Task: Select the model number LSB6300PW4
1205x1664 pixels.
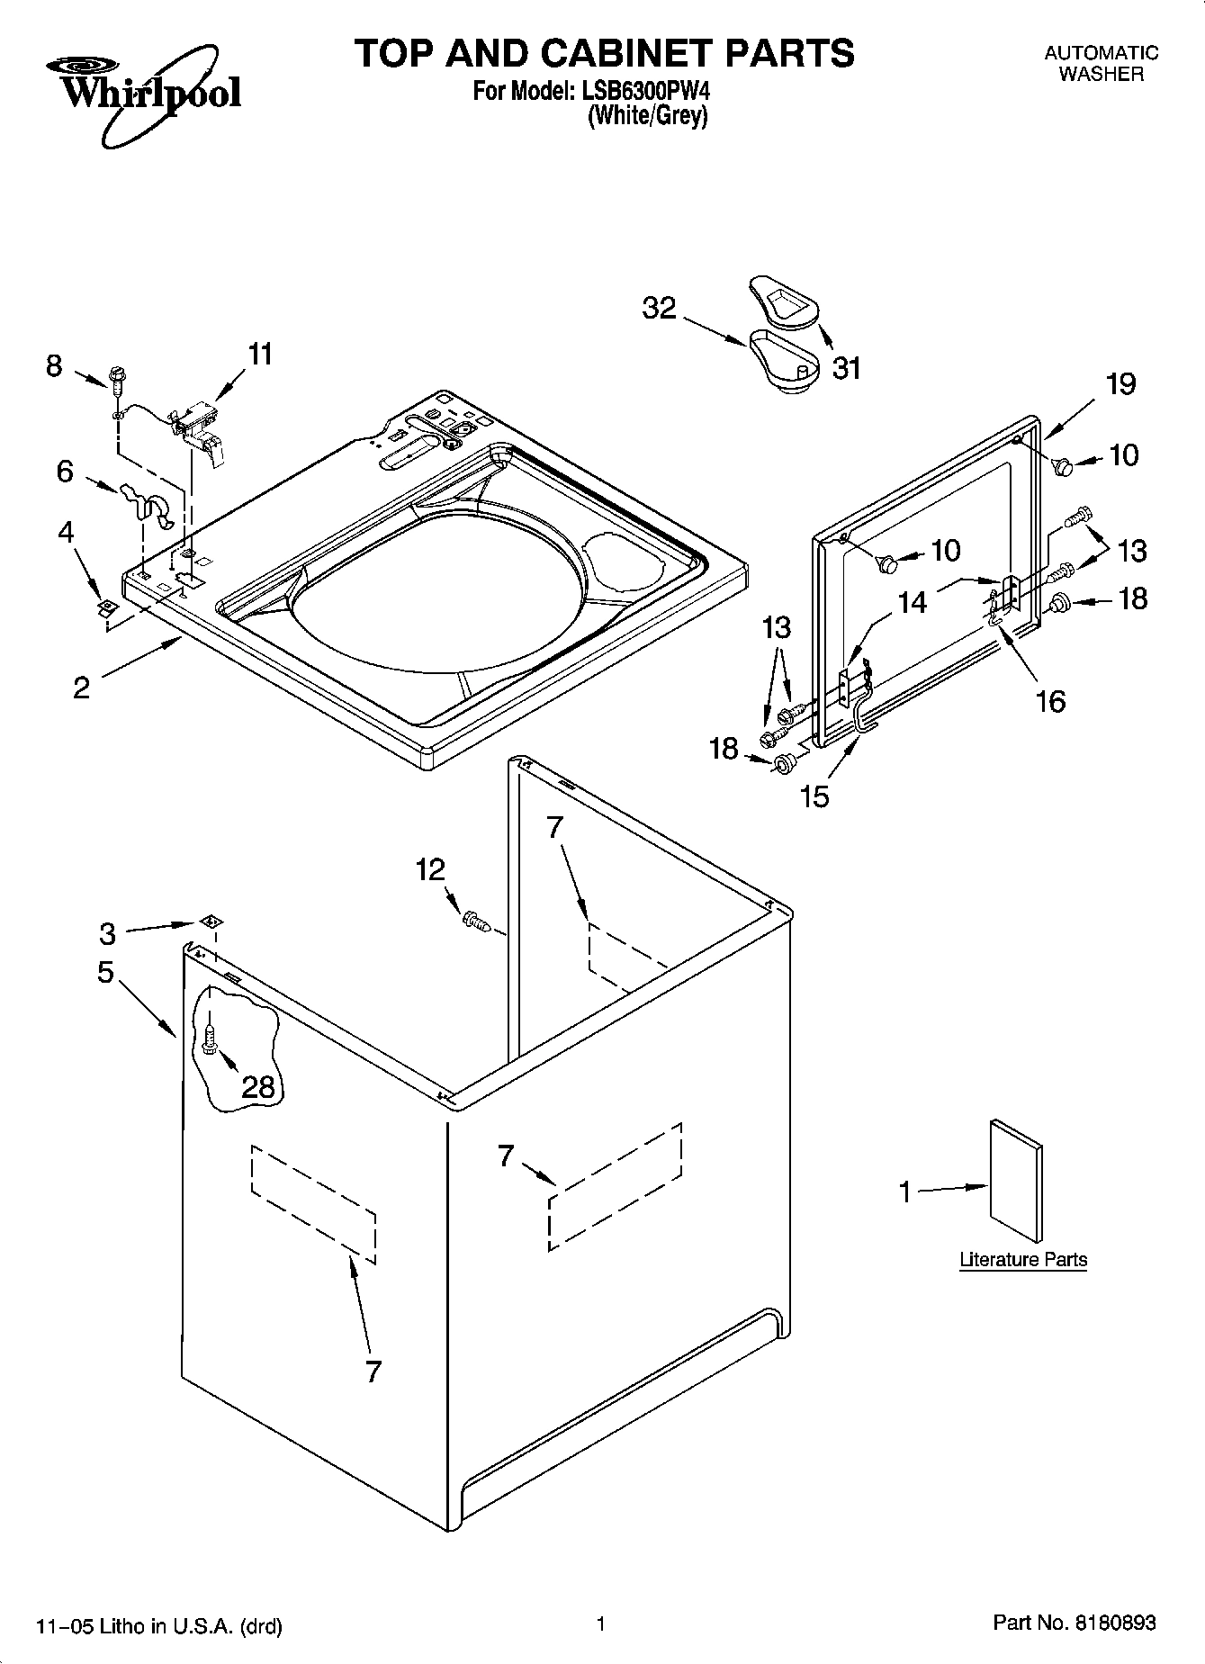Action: (x=648, y=91)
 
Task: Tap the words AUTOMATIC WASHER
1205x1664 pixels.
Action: (x=1101, y=64)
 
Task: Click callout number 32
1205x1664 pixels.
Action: (x=659, y=308)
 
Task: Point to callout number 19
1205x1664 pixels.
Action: (x=1120, y=384)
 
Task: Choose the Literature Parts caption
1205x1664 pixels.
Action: (x=1023, y=1260)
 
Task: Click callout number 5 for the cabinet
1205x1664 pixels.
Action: (x=105, y=973)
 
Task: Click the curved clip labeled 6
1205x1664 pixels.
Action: (x=146, y=505)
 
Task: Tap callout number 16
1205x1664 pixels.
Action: (x=1050, y=700)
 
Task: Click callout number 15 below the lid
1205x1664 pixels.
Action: (x=815, y=796)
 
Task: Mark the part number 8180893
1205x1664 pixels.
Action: (x=1114, y=1623)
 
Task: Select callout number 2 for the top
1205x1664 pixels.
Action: (x=81, y=688)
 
